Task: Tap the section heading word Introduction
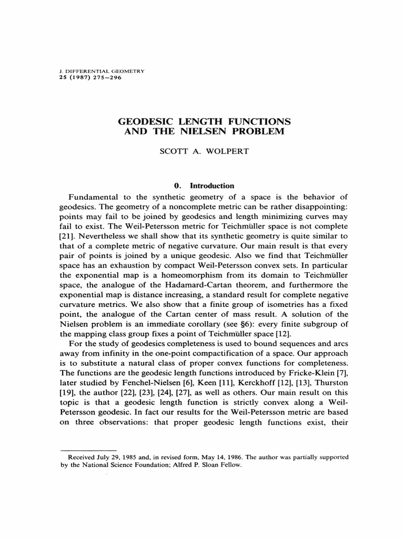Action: [212, 185]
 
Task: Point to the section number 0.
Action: [178, 185]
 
